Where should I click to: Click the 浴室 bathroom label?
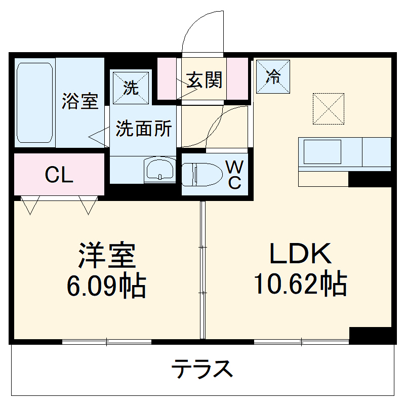tap(79, 101)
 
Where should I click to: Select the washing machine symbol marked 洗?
tap(131, 88)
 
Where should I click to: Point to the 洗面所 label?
tap(144, 129)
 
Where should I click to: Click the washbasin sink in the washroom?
tap(159, 170)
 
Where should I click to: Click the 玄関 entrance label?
tap(204, 79)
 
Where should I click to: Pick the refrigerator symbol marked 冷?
tap(273, 76)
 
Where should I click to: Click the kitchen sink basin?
tap(322, 151)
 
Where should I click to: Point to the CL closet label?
tap(59, 175)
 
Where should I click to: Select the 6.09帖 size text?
tap(106, 286)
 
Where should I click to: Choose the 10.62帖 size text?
tap(300, 284)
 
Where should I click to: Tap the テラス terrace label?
tap(202, 369)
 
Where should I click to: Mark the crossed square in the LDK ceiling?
tap(328, 108)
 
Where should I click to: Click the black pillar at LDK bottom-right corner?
tap(372, 335)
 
